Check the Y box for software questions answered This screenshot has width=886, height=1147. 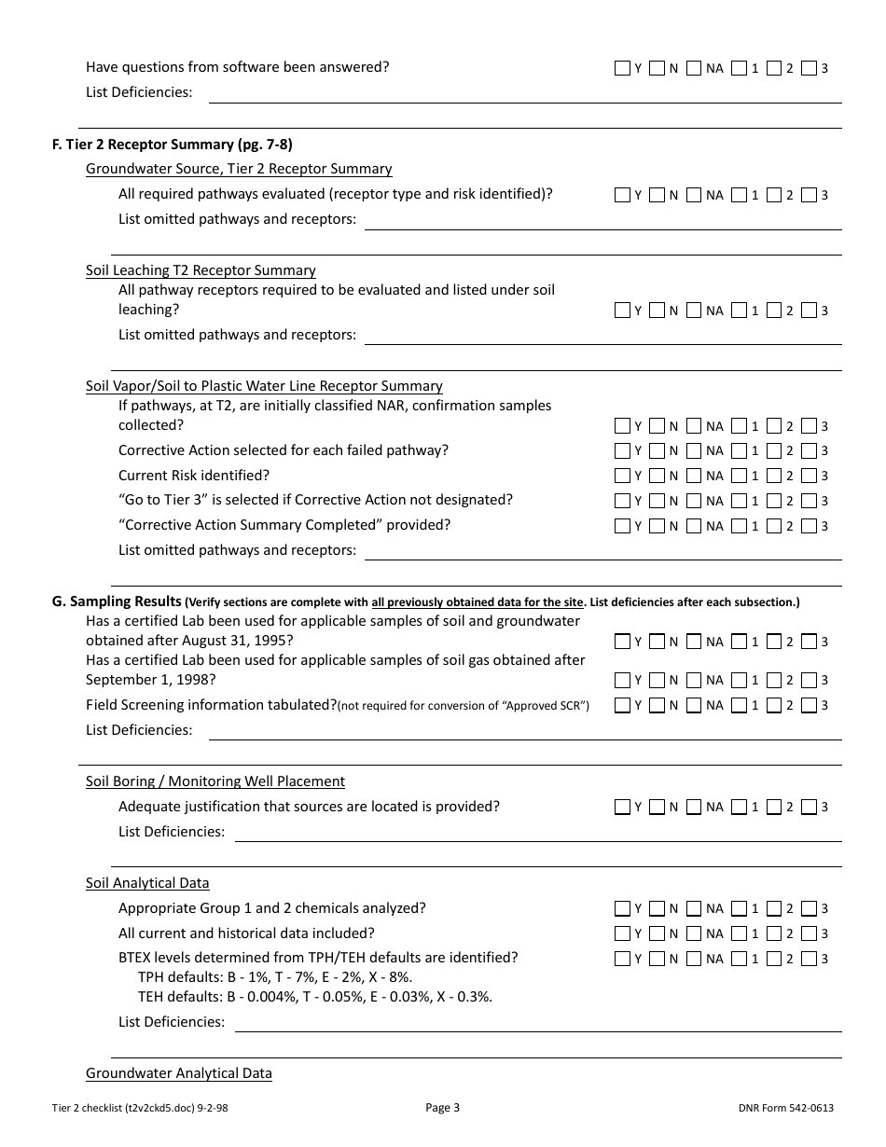[x=623, y=68]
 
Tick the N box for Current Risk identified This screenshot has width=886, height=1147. [x=658, y=476]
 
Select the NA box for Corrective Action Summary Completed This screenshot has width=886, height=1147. [x=693, y=526]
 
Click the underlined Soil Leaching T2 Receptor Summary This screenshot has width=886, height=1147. [x=201, y=270]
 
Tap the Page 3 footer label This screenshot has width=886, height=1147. [x=442, y=1108]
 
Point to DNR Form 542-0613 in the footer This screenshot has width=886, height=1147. [x=785, y=1108]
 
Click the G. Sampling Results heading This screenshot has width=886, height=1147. [x=117, y=601]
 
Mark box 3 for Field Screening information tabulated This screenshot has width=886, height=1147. [x=809, y=706]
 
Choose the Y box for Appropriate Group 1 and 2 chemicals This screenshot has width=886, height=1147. [x=623, y=908]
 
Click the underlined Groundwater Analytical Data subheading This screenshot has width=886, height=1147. [x=179, y=1073]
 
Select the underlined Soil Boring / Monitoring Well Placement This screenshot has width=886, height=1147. [x=215, y=781]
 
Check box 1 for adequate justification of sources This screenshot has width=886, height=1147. [x=740, y=808]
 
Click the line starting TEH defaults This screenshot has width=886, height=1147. [x=315, y=997]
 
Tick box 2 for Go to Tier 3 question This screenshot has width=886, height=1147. [x=774, y=501]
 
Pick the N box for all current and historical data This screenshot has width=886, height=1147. [x=658, y=933]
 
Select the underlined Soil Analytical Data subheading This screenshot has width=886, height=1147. [x=147, y=883]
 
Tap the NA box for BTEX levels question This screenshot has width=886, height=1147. [x=693, y=959]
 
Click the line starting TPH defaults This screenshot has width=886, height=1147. [x=275, y=977]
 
